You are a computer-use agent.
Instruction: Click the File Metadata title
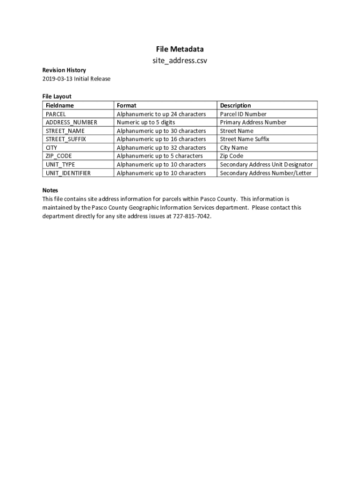[x=180, y=49]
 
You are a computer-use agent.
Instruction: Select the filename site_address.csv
[x=180, y=61]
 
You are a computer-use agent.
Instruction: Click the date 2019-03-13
[x=57, y=79]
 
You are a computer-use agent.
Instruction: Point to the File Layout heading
[x=57, y=96]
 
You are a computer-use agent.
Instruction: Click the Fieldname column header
[x=60, y=105]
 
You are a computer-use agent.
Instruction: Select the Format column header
[x=126, y=105]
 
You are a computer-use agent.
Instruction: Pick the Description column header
[x=235, y=105]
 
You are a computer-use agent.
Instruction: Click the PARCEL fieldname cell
[x=56, y=114]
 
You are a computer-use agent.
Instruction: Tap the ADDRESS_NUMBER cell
[x=71, y=122]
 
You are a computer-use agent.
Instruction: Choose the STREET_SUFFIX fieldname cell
[x=66, y=139]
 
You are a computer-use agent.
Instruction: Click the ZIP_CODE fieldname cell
[x=58, y=156]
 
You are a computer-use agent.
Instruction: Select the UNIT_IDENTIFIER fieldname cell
[x=68, y=173]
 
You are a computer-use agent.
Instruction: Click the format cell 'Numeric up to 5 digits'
[x=146, y=122]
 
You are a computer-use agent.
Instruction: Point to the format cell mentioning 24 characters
[x=161, y=114]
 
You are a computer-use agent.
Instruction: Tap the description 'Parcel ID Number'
[x=243, y=114]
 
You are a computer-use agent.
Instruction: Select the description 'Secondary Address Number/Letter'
[x=265, y=173]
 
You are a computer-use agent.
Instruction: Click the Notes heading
[x=50, y=190]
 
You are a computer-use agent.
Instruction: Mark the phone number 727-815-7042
[x=192, y=216]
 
